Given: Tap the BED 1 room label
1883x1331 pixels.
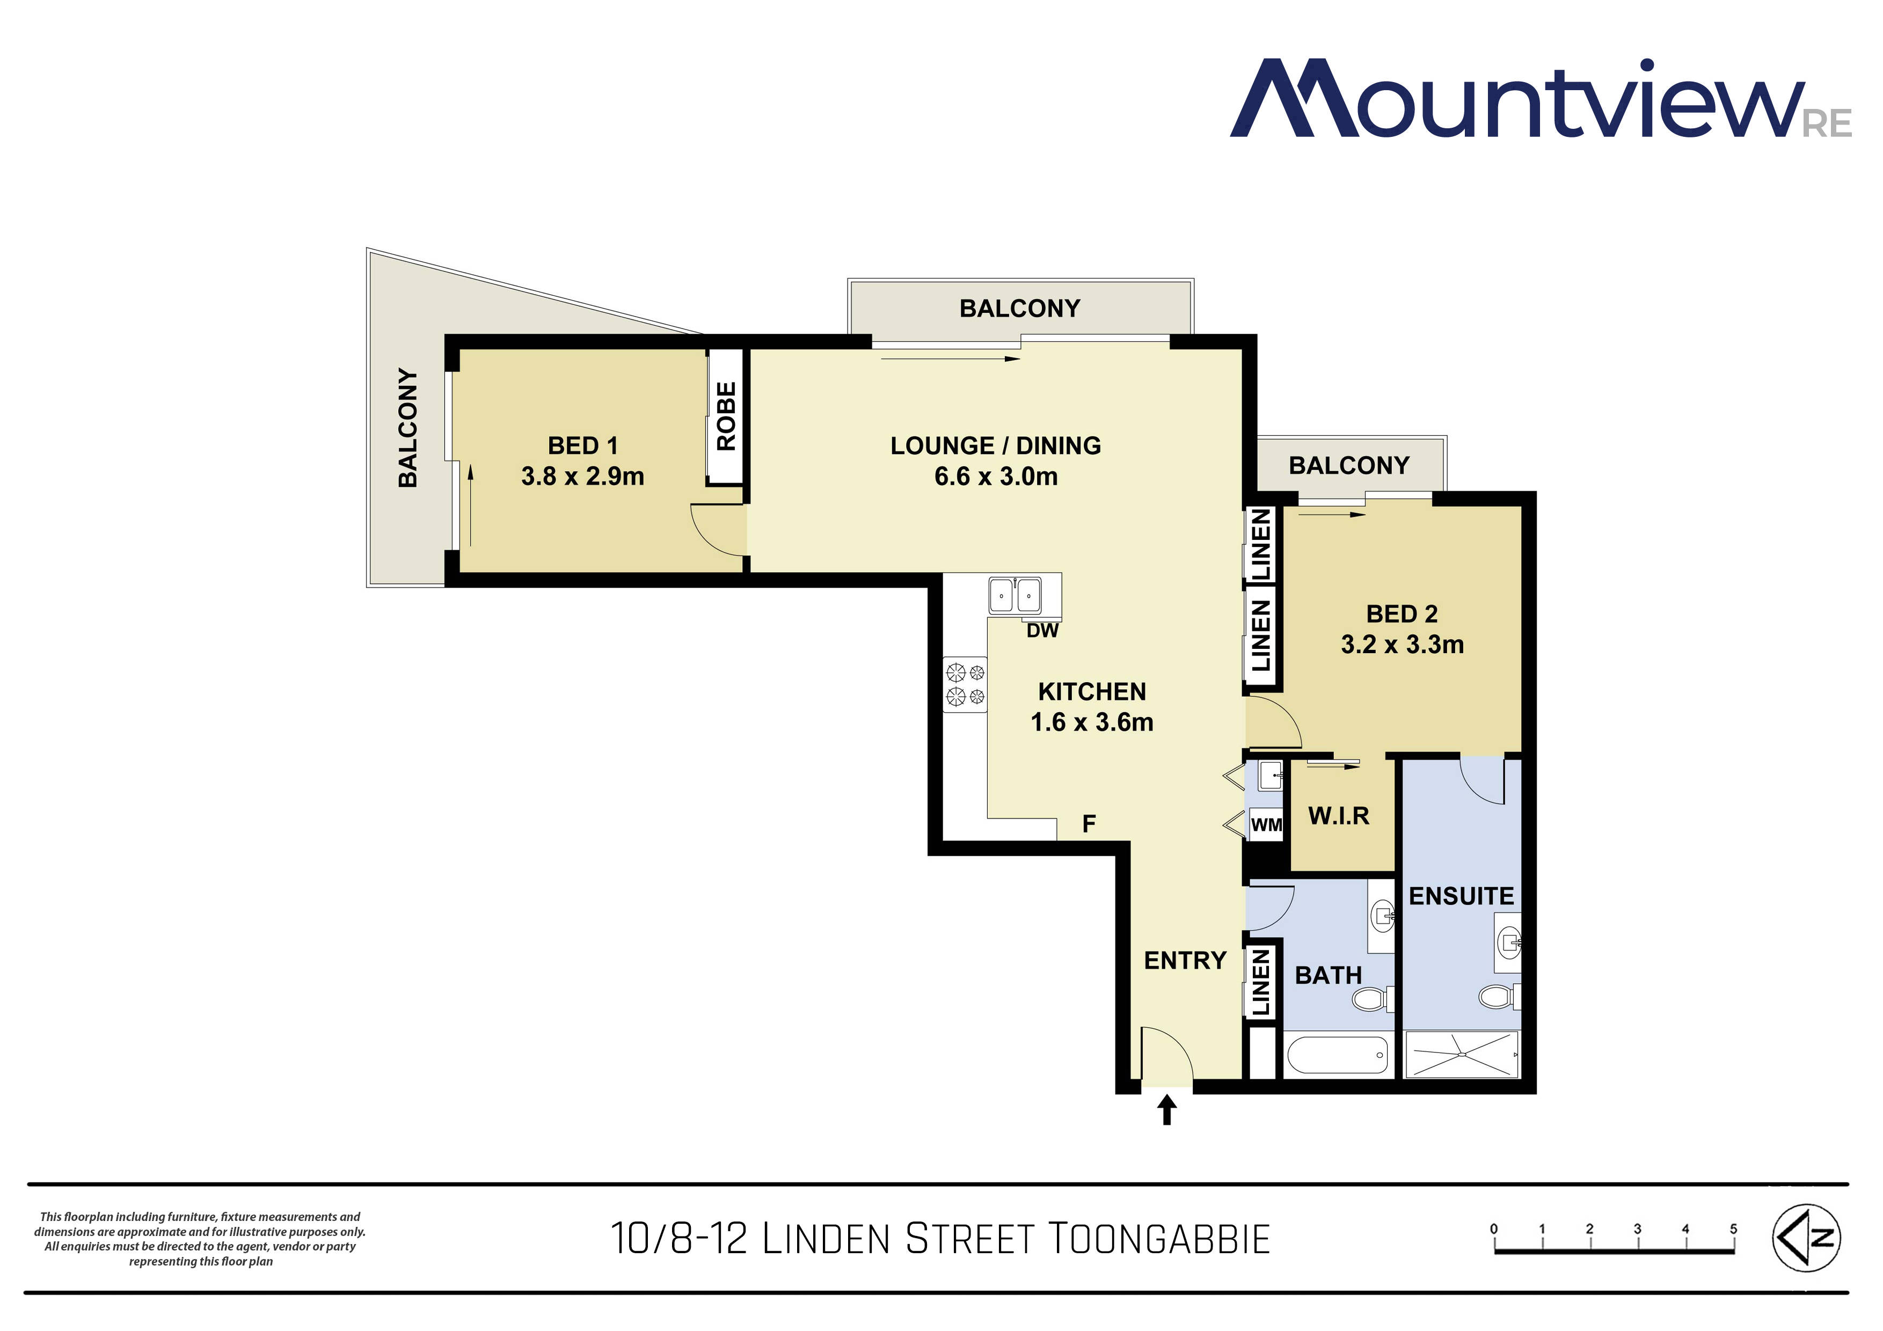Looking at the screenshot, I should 582,446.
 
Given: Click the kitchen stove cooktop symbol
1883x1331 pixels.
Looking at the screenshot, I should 965,685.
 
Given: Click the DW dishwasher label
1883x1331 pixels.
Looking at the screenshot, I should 1042,631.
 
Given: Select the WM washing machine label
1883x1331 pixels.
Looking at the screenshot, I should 1266,825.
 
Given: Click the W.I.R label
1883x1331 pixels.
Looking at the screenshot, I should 1338,816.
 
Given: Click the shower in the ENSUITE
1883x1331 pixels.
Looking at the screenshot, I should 1462,1055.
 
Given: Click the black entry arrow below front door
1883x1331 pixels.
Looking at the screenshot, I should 1166,1111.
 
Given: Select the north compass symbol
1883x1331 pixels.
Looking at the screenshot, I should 1807,1238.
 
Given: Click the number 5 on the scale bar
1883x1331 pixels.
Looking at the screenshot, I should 1733,1228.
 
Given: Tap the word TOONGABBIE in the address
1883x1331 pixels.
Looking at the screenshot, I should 1159,1239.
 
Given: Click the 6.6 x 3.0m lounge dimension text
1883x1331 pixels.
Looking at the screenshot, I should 996,477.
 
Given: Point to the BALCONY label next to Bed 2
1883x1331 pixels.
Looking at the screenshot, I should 1348,466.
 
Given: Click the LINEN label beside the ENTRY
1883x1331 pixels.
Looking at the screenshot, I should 1260,983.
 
